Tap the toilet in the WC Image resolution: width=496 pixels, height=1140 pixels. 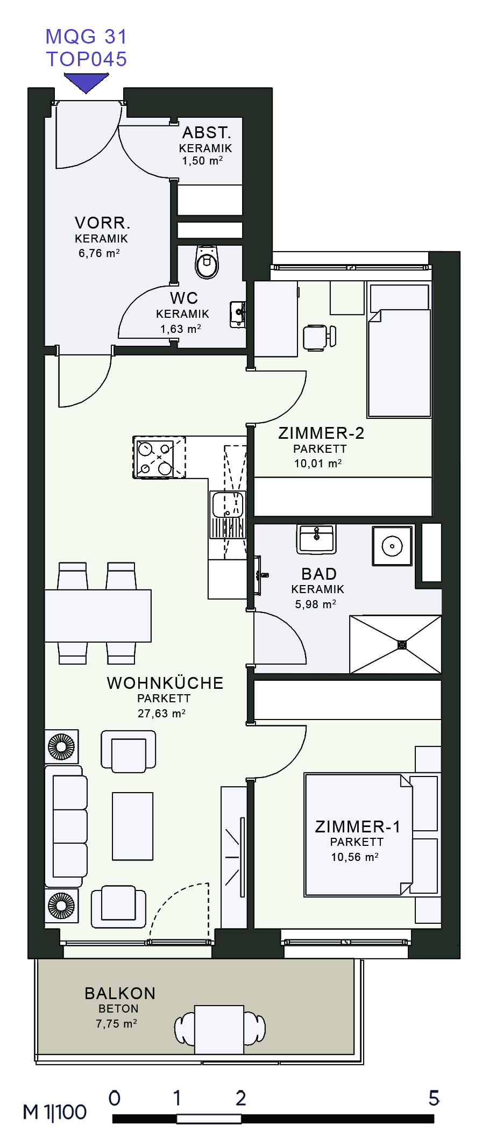207,262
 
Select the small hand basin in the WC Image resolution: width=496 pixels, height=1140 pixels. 238,315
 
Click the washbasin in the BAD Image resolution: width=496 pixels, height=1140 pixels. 316,539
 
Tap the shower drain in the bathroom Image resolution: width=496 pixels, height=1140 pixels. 402,644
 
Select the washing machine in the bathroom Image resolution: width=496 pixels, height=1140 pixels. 392,546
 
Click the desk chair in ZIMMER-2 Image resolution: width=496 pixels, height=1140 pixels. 319,338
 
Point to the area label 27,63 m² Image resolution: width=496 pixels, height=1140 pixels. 161,714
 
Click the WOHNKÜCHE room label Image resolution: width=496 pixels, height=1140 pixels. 165,683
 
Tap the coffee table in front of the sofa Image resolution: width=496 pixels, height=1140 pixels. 133,826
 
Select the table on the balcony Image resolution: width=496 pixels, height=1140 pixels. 219,1029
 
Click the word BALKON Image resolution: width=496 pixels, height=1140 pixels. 120,993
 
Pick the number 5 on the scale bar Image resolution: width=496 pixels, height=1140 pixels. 434,1098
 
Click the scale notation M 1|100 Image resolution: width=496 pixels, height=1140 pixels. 54,1112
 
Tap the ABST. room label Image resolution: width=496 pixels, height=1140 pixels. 207,132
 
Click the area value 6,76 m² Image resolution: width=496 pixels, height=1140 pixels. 99,253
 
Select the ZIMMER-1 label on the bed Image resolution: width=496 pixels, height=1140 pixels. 358,826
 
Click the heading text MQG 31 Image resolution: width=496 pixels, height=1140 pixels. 86,37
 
